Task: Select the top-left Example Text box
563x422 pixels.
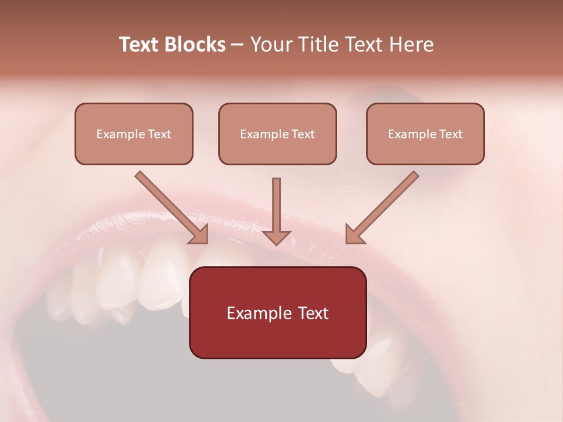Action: click(134, 134)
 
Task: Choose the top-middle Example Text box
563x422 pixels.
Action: click(277, 134)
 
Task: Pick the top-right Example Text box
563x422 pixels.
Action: click(425, 134)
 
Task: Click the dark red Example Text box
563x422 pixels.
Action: click(277, 312)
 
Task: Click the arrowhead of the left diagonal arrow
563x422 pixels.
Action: click(200, 234)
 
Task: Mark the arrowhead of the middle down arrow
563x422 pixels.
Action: click(276, 237)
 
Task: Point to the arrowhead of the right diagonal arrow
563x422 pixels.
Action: click(354, 234)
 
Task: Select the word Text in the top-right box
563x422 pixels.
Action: click(451, 134)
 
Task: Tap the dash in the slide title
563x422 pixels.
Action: click(238, 45)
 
